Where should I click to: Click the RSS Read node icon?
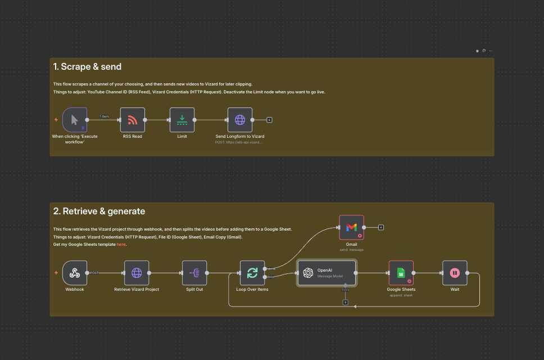(133, 120)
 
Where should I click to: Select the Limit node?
(182, 120)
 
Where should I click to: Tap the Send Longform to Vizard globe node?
(240, 120)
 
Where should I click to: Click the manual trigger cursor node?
(75, 120)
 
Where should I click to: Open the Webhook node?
(75, 273)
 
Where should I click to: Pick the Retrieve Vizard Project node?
(137, 273)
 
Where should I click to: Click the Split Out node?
(194, 273)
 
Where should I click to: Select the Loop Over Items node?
(252, 273)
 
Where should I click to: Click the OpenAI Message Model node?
(327, 273)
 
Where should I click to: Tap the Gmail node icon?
(351, 227)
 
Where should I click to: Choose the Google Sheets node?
(401, 273)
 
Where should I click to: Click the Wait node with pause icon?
(455, 273)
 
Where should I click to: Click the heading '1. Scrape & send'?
(87, 67)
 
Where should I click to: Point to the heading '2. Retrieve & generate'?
(99, 211)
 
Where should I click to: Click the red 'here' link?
(121, 244)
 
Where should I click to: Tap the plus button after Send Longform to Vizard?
(269, 120)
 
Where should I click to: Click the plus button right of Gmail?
(380, 227)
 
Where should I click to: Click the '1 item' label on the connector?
(104, 116)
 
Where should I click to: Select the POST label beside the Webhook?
(94, 273)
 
